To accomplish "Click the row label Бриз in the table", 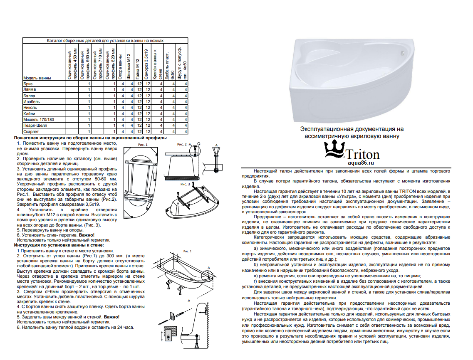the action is point(28,84).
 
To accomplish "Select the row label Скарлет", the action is point(31,131).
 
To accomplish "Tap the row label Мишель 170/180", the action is point(39,119).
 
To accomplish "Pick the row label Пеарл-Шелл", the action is point(35,126).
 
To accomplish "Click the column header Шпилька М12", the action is point(129,67).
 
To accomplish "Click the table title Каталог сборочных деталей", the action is point(105,40).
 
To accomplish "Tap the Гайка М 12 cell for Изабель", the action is point(139,102).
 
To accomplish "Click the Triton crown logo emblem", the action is point(334,150).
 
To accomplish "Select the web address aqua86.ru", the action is point(361,163).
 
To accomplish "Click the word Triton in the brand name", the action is point(363,154).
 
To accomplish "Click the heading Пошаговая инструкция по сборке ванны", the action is point(91,138).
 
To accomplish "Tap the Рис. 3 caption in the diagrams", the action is point(185,184).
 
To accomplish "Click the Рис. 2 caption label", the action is point(182,144).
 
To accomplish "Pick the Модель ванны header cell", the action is point(37,78).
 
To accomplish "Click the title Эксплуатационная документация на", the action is point(352,129).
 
